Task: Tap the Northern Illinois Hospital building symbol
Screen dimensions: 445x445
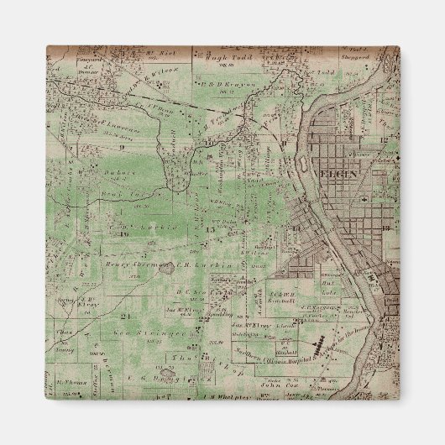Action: click(x=319, y=346)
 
